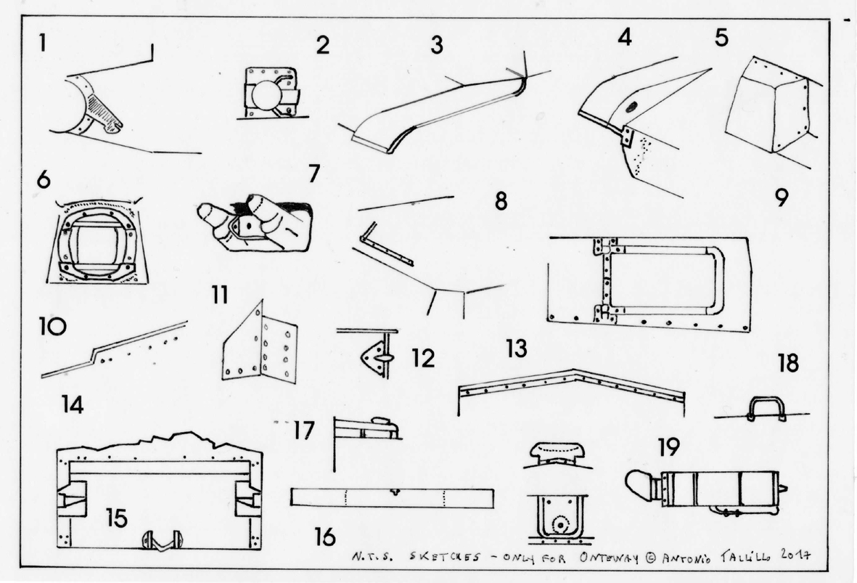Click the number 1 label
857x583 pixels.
44,43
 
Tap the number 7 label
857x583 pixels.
313,174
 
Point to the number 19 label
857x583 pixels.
668,447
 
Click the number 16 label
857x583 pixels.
325,537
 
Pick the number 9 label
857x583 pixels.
781,197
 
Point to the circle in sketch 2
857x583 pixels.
269,94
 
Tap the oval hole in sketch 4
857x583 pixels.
629,107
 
